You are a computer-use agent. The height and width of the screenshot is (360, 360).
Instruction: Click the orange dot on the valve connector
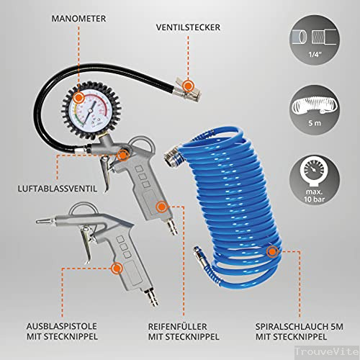pyautogui.click(x=189, y=84)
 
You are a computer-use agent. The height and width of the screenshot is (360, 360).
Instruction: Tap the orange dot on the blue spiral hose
pyautogui.click(x=271, y=251)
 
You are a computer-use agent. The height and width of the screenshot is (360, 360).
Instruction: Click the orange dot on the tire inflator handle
pyautogui.click(x=161, y=207)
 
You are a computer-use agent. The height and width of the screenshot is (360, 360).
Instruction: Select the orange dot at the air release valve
pyautogui.click(x=125, y=154)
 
